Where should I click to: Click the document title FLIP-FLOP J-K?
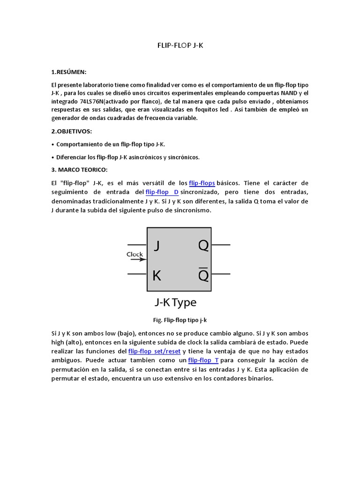coord(180,46)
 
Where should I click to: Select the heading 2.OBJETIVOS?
coord(72,131)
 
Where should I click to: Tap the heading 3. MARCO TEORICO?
coord(79,169)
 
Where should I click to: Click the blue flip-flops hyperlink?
coord(202,183)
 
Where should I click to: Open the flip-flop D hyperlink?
coord(162,192)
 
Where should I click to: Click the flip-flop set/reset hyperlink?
coord(154,351)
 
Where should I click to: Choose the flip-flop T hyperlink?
coord(203,360)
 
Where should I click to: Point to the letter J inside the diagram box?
coord(157,246)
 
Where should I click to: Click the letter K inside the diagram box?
coord(157,276)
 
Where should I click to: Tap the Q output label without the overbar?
coord(203,245)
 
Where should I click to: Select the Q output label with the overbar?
coord(203,276)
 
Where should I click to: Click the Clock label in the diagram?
coord(135,255)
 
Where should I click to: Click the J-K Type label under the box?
coord(175,302)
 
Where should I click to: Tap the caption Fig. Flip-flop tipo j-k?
coord(180,320)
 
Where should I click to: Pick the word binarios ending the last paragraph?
coord(260,378)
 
